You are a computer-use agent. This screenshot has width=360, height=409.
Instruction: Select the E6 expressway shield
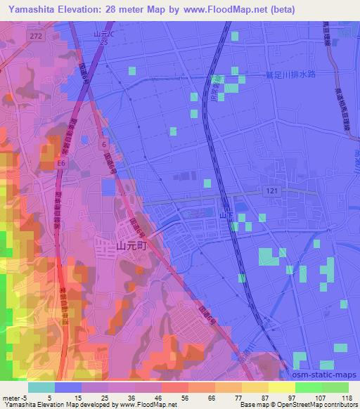click(62, 164)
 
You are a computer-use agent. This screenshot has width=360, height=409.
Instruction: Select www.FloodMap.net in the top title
click(221, 9)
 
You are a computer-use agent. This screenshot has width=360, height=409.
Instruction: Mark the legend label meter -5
click(15, 397)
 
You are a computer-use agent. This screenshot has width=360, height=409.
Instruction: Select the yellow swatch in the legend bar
click(281, 387)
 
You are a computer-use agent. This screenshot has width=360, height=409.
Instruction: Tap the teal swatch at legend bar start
click(41, 387)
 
